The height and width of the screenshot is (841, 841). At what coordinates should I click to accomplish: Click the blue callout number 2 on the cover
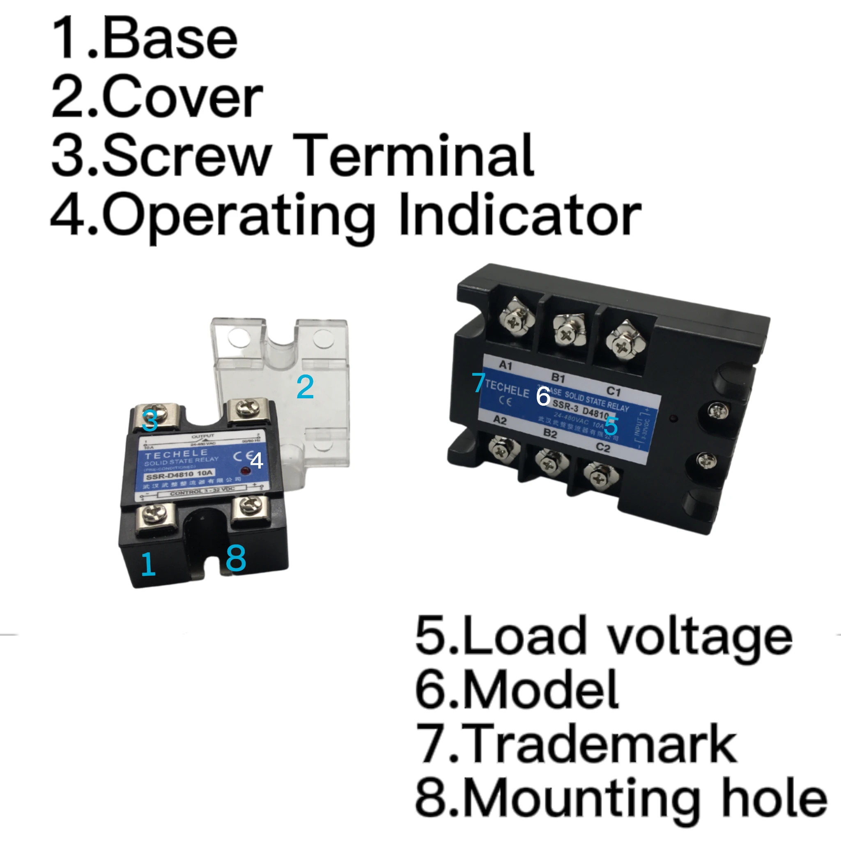click(305, 387)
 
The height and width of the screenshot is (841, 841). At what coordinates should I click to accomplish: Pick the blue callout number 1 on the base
click(148, 564)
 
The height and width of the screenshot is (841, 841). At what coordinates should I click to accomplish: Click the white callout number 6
click(543, 396)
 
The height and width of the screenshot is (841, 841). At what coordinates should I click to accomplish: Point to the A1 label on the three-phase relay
click(505, 365)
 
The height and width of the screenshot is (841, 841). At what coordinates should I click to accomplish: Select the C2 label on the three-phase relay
click(603, 448)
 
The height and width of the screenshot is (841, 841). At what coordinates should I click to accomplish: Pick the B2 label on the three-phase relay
click(550, 434)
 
